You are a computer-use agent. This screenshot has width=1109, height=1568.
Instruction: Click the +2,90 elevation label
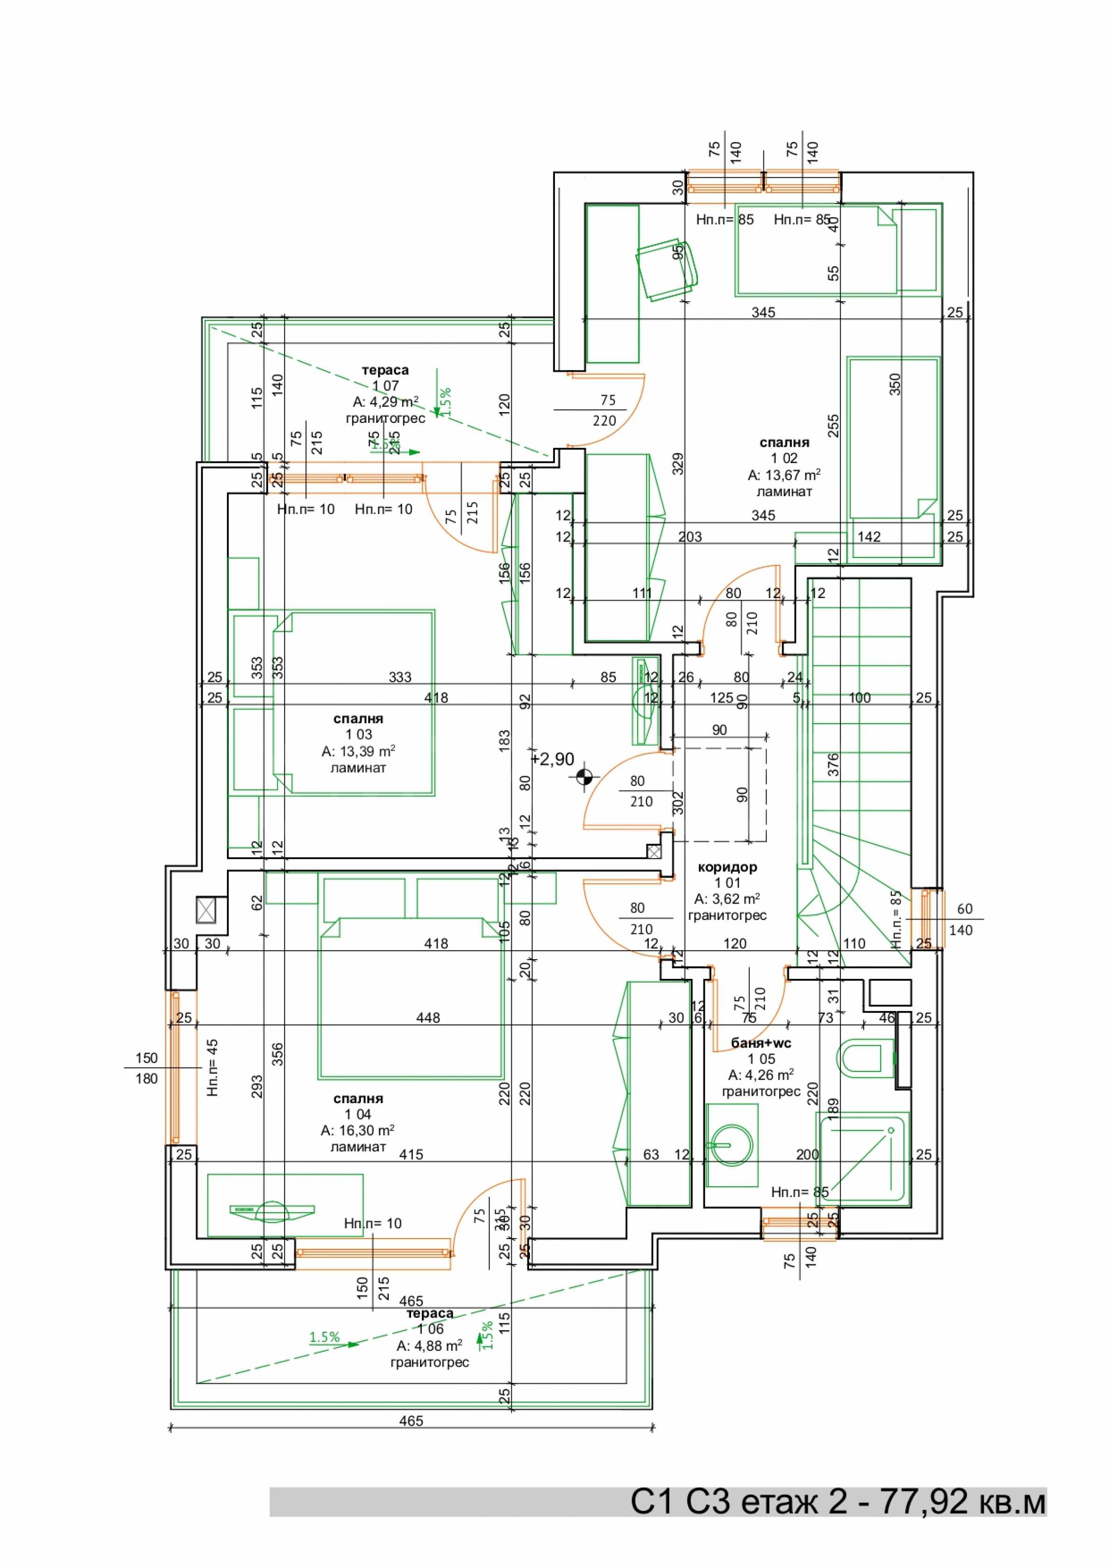(553, 759)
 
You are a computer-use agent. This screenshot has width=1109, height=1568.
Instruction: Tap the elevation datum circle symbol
(584, 777)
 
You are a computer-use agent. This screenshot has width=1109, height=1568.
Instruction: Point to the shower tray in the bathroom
(862, 1157)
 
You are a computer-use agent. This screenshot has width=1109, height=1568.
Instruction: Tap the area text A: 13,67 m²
(784, 475)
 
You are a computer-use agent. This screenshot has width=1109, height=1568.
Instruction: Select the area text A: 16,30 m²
(357, 1130)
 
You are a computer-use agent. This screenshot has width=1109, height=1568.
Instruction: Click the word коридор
(727, 867)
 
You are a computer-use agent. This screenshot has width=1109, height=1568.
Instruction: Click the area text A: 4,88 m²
(429, 1345)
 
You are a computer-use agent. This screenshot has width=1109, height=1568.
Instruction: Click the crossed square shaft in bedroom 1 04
(206, 910)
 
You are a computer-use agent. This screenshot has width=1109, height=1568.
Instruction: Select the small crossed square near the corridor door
(654, 852)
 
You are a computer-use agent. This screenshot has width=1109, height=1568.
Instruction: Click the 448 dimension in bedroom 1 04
(428, 1018)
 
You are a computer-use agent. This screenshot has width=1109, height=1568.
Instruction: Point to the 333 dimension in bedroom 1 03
(400, 677)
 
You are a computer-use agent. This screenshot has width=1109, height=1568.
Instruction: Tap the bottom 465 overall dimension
(411, 1420)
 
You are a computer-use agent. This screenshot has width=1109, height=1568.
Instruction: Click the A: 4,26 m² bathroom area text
(761, 1075)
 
